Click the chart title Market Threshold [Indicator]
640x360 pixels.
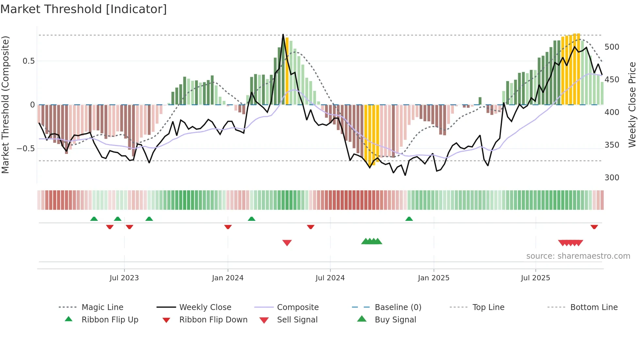pos(84,9)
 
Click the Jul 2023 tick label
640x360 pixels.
pos(124,278)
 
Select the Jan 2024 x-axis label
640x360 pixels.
pos(228,278)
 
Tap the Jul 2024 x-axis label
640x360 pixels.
pos(330,278)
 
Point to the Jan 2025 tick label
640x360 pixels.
pos(434,278)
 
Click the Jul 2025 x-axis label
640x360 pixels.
pos(536,278)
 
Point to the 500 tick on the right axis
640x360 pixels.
pos(612,47)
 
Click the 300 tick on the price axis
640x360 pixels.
pos(612,178)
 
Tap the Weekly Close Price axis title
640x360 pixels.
pos(632,105)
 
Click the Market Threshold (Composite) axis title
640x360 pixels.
pos(5,105)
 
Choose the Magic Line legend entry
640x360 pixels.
pos(102,307)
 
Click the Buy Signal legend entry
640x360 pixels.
pos(395,320)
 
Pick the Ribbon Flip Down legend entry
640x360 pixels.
pos(213,320)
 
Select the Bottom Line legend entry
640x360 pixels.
pos(594,307)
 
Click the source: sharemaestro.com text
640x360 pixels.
pos(578,256)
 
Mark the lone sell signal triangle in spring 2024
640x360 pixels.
pos(287,243)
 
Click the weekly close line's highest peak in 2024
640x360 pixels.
pos(283,34)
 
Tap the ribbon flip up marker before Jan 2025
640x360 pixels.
pos(409,219)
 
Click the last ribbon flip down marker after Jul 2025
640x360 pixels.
pos(594,227)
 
